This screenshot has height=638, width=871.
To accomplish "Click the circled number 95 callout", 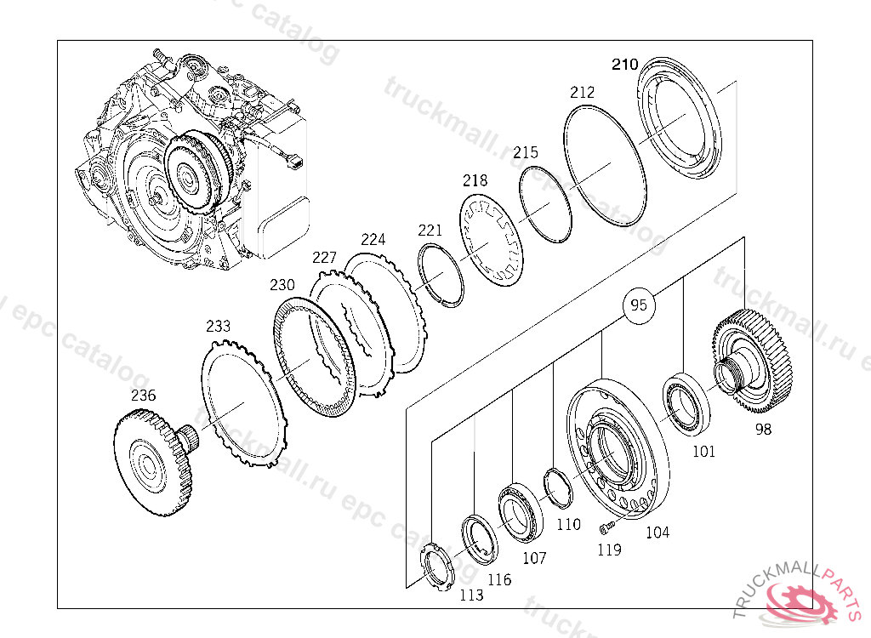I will coord(640,305).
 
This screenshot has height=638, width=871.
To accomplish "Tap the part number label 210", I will coord(624,65).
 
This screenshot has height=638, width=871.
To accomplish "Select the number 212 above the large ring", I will coord(582,92).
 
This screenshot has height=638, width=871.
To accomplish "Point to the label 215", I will coord(526,152).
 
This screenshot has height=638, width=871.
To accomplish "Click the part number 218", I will coord(475,180).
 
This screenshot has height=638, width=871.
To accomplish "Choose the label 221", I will coord(430,230).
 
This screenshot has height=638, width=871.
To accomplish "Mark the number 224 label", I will coord(373,239).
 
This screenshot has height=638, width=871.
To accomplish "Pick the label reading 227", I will coord(325,257).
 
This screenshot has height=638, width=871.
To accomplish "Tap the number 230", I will coord(282,284).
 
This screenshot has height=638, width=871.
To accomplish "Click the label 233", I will coord(218,326).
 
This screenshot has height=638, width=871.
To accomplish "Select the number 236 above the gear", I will coord(143,395).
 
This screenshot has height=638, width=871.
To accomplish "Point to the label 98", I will coord(763,430).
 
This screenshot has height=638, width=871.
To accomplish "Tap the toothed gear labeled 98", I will coord(752,361).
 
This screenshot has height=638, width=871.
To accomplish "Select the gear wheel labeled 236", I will coord(151,463).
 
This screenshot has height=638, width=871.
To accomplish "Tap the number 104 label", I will coord(657,533).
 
